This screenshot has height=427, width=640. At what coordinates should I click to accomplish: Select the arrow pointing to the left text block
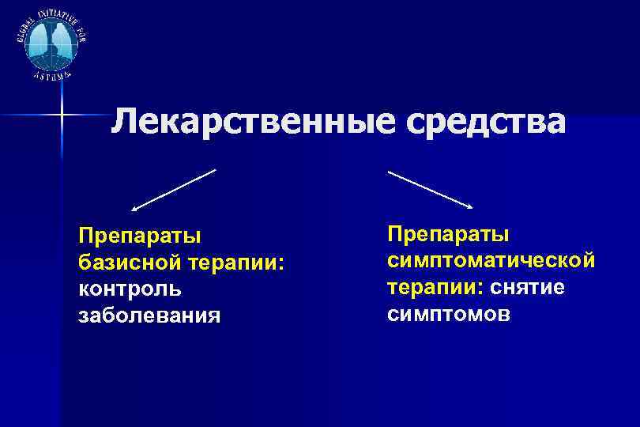[x=174, y=190]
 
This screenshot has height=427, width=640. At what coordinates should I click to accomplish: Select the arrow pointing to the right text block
[x=431, y=190]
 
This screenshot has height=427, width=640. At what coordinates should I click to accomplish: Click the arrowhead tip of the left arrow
[x=134, y=210]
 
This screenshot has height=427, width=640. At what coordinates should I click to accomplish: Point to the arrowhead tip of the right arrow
[x=472, y=208]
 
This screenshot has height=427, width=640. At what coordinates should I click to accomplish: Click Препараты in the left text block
[x=139, y=235]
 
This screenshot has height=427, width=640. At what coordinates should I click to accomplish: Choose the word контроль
[x=130, y=288]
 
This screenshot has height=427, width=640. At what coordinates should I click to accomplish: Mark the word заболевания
[x=151, y=315]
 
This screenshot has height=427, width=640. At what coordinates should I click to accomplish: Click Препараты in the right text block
[x=448, y=233]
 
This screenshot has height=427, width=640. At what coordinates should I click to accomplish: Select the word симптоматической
[x=490, y=260]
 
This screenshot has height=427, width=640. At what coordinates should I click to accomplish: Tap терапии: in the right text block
[x=434, y=287]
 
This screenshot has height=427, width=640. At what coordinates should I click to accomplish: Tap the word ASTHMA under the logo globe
[x=52, y=75]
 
